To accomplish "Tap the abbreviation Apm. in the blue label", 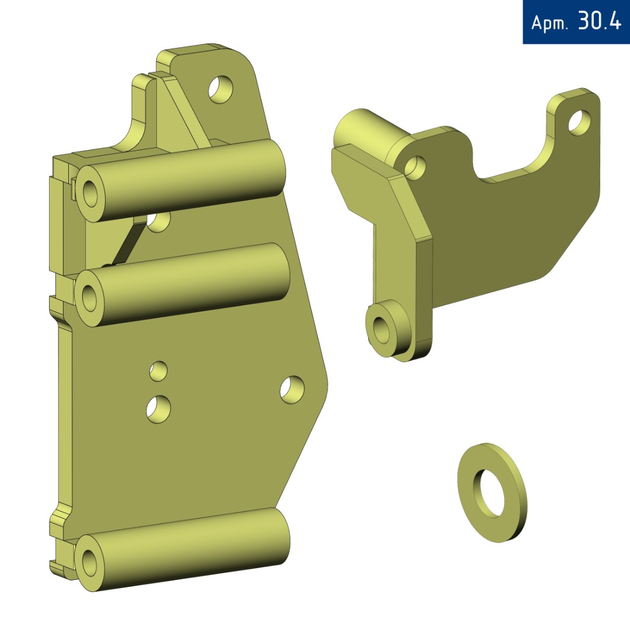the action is click(549, 23).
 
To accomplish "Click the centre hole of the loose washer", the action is click(489, 492).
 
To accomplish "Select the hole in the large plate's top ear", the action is click(220, 89).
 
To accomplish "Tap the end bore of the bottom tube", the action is click(89, 562).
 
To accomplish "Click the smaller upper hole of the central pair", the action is click(158, 371).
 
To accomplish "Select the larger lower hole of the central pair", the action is click(158, 409).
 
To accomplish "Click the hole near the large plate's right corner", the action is click(292, 390).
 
